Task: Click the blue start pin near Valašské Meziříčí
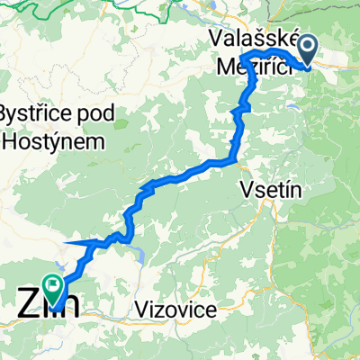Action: coord(310,50)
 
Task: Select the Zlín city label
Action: coord(47,303)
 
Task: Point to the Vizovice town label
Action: coord(178,310)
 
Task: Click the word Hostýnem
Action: coord(54,141)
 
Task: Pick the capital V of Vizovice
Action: coord(144,310)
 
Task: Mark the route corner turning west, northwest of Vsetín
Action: coord(236,162)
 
